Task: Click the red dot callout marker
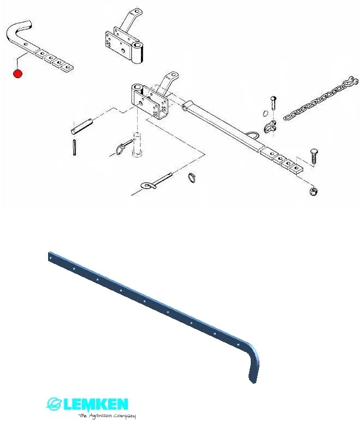pos(18,74)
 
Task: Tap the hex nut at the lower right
pos(313,191)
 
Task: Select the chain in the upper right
pos(321,98)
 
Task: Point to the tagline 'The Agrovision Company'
pos(107,416)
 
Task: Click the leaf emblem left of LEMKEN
pos(55,404)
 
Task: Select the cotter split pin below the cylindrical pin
pos(74,147)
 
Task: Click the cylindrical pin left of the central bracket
pos(82,126)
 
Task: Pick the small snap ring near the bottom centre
pos(192,178)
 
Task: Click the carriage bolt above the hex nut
pos(314,156)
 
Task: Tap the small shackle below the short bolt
pos(270,126)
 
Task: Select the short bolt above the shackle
pos(274,103)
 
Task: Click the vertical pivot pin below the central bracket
pos(137,144)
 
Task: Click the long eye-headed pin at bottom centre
pos(156,180)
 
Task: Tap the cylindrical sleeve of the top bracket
pos(138,52)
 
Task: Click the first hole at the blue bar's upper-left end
pos(51,258)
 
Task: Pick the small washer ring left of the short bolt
pos(265,113)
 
